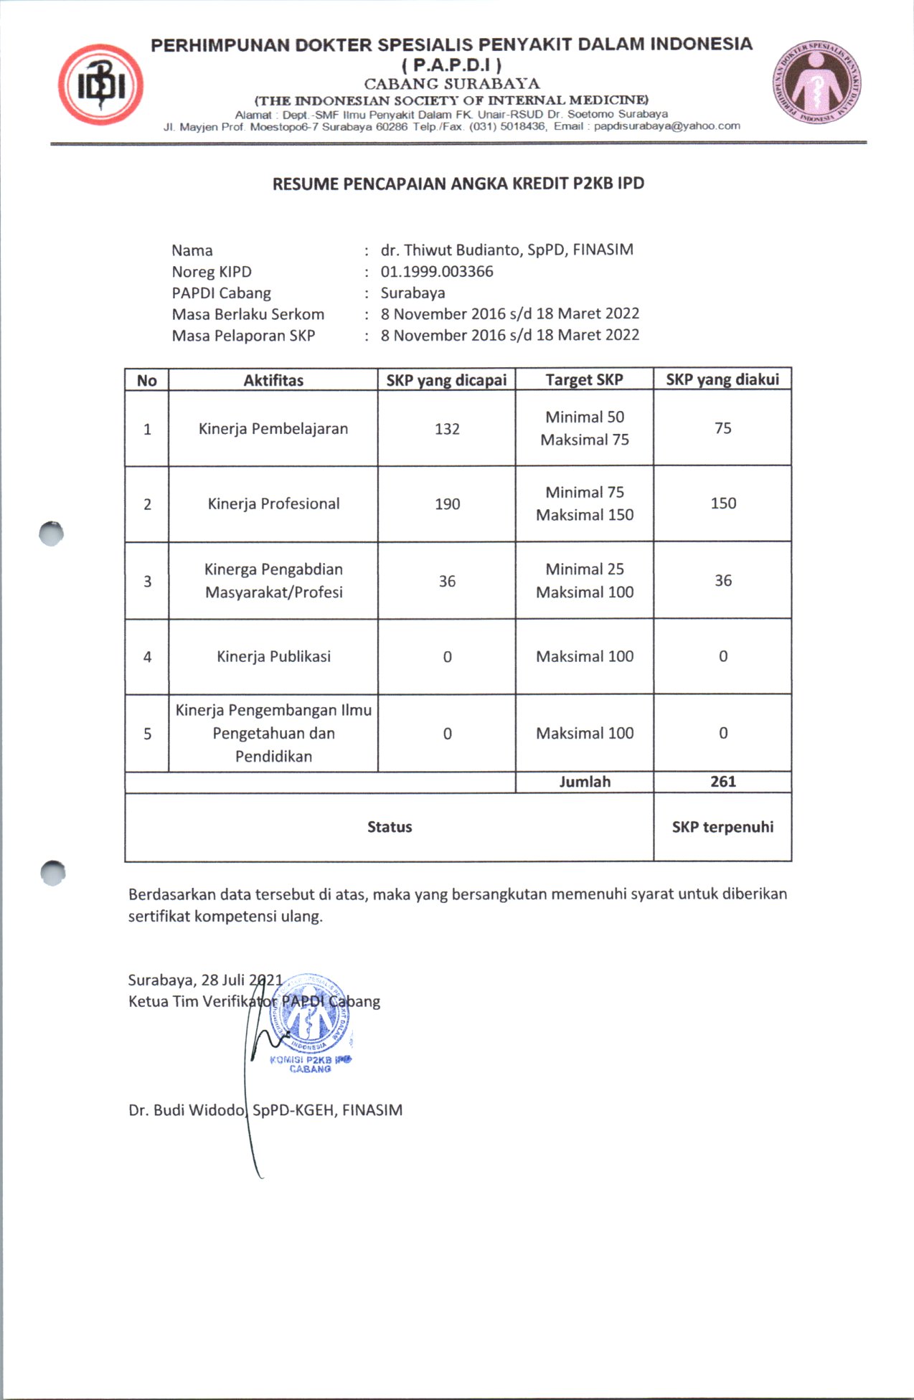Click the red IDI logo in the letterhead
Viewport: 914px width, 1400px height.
[100, 85]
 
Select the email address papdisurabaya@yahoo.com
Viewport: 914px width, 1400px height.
[666, 126]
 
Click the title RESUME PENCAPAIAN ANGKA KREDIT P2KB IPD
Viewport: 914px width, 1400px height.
[458, 184]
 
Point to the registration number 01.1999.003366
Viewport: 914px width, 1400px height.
[436, 272]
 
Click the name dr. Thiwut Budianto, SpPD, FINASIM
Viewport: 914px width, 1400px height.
[507, 250]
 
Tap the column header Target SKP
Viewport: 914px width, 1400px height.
[584, 379]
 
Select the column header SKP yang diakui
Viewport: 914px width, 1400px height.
[722, 379]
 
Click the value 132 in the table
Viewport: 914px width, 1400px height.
[447, 429]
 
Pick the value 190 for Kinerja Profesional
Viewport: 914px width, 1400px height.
[447, 504]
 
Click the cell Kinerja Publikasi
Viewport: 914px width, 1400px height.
[273, 656]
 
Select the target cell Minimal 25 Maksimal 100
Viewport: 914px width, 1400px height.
[584, 580]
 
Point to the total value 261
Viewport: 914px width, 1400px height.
[722, 782]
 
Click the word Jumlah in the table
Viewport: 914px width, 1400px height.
[585, 782]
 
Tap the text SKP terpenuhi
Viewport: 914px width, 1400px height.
[722, 827]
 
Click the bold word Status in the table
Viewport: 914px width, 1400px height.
[390, 827]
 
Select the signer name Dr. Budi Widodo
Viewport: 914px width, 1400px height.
[187, 1110]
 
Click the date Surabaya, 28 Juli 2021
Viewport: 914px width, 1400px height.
[205, 980]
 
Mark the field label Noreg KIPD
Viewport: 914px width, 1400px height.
[212, 272]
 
